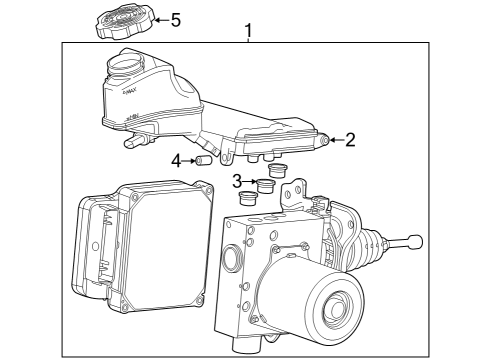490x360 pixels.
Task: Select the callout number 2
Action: (x=350, y=140)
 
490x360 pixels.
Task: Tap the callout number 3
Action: (x=237, y=181)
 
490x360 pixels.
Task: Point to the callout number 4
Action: (x=176, y=160)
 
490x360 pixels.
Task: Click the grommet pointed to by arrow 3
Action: (x=266, y=185)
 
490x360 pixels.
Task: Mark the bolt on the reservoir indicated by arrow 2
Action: (x=324, y=140)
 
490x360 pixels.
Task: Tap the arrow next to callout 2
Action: (x=336, y=140)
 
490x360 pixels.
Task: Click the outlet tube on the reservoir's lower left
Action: (x=131, y=142)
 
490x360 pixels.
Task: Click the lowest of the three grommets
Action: (x=247, y=198)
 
